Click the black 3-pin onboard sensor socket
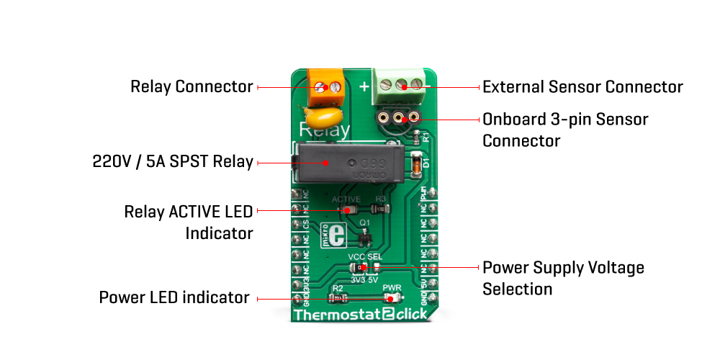point(397,116)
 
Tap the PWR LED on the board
point(393,297)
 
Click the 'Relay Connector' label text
point(192,87)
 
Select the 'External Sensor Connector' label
point(582,87)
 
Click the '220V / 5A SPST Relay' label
point(173,161)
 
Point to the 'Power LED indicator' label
point(174,297)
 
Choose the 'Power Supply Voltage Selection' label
point(563,279)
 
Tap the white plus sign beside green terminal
point(364,87)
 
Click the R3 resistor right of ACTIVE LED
point(381,210)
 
